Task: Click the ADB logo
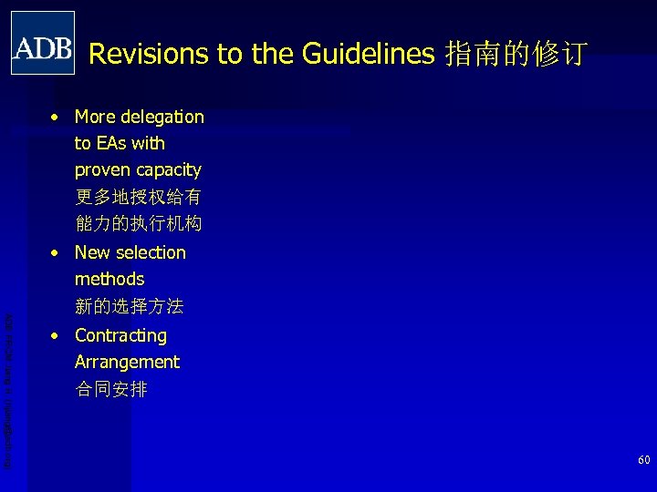click(x=43, y=43)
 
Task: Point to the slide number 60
click(x=643, y=461)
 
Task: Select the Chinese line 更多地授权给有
click(x=138, y=196)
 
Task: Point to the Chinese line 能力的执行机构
click(x=138, y=222)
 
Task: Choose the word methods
click(x=109, y=279)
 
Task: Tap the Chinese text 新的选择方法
click(x=129, y=306)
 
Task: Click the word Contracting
click(x=120, y=335)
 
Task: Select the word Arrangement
click(x=127, y=362)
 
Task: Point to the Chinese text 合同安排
click(x=110, y=389)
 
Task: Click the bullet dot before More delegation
click(x=57, y=118)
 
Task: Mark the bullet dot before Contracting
click(x=57, y=336)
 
